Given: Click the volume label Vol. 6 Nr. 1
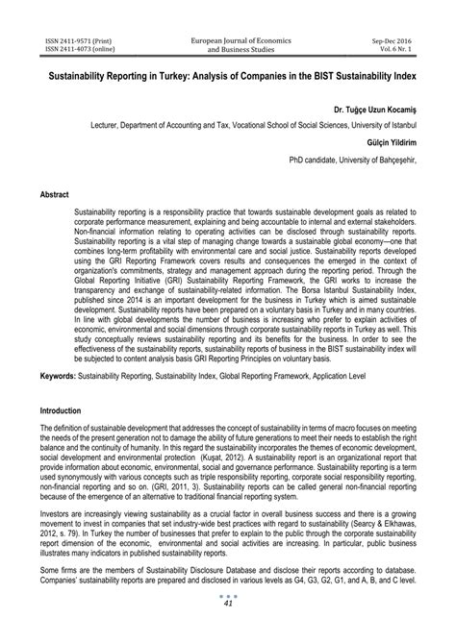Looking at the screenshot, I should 412,50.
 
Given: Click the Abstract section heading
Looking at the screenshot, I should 55,194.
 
